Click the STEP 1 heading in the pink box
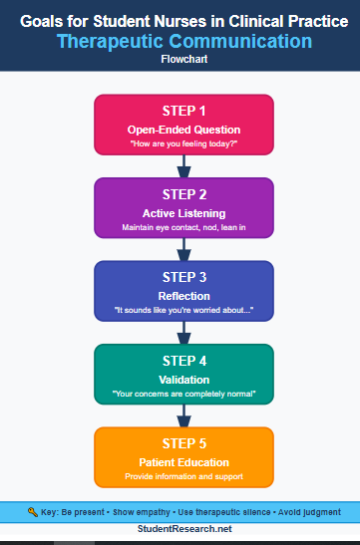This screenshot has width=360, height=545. click(183, 110)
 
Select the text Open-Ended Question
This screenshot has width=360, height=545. click(183, 131)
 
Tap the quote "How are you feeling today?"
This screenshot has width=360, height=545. click(183, 145)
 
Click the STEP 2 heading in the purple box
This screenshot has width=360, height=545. click(183, 193)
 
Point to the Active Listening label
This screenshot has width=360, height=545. click(183, 213)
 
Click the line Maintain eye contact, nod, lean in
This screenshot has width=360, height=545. click(183, 228)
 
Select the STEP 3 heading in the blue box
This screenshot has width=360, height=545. click(183, 276)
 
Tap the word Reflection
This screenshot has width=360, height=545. click(183, 296)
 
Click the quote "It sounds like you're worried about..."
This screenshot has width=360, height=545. click(183, 311)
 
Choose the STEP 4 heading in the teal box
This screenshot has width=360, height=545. click(183, 360)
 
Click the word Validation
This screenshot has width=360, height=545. click(183, 380)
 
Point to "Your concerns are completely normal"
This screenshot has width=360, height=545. click(183, 395)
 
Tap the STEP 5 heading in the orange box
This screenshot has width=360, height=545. click(183, 442)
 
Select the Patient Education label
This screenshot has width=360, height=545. click(183, 462)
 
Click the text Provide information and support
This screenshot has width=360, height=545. click(183, 477)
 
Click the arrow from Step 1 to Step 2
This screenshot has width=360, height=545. click(183, 165)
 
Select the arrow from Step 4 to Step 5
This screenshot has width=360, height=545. click(183, 414)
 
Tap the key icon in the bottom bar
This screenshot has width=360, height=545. click(32, 512)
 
